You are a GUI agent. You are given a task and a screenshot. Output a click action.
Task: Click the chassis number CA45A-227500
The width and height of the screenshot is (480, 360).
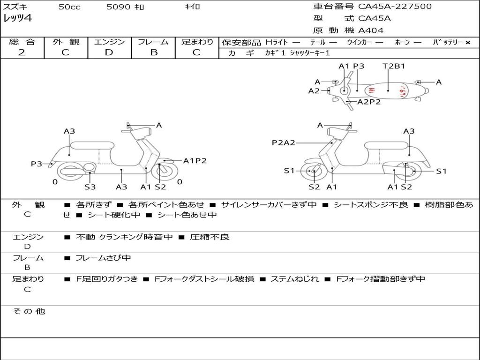pos(395,6)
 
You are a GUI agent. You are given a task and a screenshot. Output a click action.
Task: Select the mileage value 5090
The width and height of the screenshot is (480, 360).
pos(119,7)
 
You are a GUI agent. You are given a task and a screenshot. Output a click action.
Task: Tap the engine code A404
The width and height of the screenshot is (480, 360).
pos(371,30)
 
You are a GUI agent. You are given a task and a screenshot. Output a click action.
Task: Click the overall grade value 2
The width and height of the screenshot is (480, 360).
pos(22,52)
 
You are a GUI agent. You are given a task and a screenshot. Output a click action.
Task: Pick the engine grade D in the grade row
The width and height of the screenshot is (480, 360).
pos(109,52)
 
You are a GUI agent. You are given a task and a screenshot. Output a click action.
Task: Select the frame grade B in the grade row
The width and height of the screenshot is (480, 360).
pos(154,52)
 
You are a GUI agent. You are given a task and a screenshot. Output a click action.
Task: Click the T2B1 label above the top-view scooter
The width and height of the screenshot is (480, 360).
pos(394,66)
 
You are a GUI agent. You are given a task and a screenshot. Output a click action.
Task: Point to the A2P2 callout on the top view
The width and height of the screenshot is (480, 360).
pos(369,102)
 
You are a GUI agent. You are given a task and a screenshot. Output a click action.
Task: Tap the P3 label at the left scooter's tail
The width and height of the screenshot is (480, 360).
pos(37,164)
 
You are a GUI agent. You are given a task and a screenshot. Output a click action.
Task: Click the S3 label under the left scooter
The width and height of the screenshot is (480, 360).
pos(90,187)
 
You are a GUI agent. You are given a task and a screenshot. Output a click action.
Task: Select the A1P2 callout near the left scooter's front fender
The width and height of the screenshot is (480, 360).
pos(195,161)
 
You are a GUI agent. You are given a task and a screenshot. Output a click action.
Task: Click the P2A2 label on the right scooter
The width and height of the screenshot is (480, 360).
pos(284,142)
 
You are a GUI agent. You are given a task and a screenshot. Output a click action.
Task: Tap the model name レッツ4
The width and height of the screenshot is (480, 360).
pos(17,18)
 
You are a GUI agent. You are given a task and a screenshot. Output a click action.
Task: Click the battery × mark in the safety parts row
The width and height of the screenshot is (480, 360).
pos(468,43)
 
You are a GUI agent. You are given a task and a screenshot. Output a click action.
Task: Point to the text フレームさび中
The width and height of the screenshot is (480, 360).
pos(103,258)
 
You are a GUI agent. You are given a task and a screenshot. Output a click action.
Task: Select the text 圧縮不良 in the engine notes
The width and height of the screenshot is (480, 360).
pos(210,237)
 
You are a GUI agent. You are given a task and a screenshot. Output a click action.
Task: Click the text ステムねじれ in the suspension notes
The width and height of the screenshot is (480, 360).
pos(294,279)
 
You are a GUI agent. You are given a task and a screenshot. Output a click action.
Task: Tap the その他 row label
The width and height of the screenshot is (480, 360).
pos(29,311)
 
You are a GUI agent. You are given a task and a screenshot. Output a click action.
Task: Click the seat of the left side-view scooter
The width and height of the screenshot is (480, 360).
pos(92,145)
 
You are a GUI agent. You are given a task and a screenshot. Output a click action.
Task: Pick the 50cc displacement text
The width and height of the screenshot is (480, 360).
pos(69,7)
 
